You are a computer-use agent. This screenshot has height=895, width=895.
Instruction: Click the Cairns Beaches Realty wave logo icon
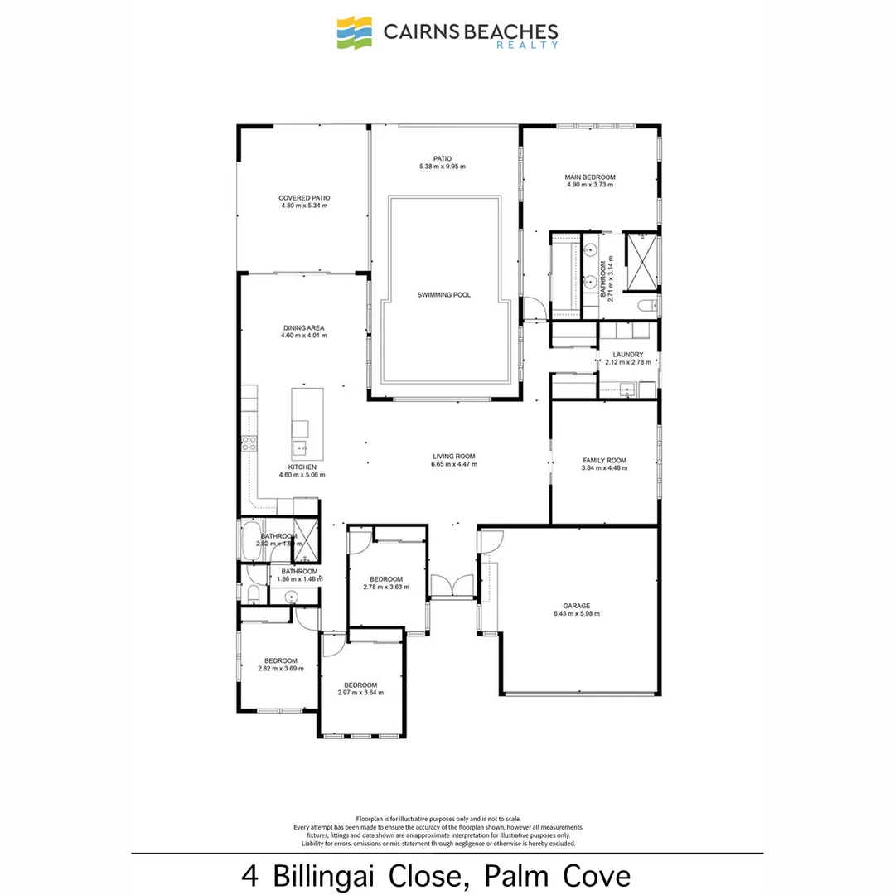[356, 33]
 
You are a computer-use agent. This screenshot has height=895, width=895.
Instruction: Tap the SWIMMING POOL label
[443, 294]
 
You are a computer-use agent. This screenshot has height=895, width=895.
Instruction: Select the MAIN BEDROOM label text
[590, 177]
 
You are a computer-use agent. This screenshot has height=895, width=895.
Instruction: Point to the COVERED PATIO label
[304, 198]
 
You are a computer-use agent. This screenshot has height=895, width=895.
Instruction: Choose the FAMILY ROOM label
[604, 460]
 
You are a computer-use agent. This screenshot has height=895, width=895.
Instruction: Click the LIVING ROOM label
[453, 456]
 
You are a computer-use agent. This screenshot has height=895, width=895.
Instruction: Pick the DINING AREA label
[304, 328]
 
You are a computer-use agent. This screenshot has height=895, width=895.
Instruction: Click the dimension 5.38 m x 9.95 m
[442, 167]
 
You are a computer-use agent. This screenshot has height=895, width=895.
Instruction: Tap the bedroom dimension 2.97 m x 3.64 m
[361, 693]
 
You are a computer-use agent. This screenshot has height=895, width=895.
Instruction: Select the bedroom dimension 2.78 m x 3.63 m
[385, 587]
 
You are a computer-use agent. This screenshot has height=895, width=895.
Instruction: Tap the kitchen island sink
[299, 448]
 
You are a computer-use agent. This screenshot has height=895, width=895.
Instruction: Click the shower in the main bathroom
[641, 264]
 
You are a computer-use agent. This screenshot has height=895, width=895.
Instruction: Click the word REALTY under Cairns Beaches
[538, 45]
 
